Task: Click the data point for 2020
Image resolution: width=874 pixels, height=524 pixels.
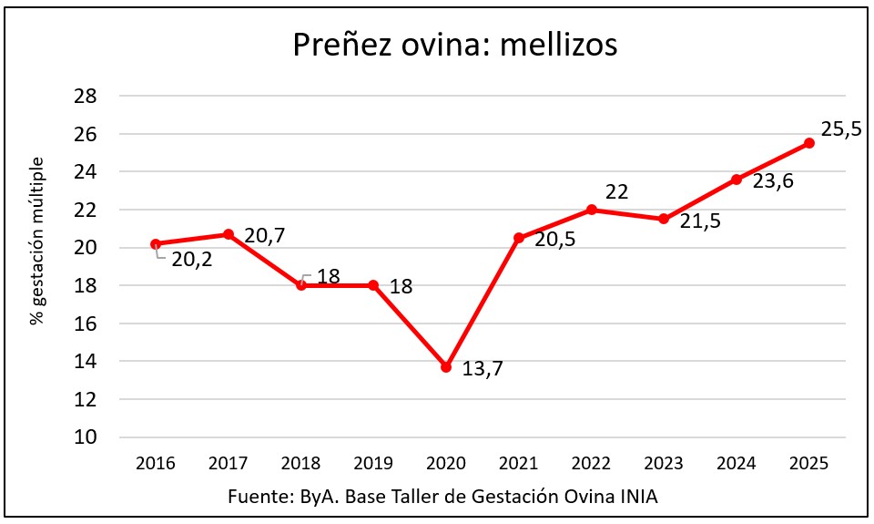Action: click(x=446, y=366)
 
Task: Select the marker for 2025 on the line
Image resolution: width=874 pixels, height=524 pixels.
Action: click(x=809, y=143)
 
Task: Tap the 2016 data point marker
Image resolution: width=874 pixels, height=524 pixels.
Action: click(x=156, y=243)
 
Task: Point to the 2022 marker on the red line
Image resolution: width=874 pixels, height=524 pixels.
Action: click(x=592, y=210)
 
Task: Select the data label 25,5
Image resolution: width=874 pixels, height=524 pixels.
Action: click(x=842, y=130)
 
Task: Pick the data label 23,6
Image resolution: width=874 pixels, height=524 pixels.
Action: click(x=773, y=181)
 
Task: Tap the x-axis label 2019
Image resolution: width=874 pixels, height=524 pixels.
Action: click(x=373, y=464)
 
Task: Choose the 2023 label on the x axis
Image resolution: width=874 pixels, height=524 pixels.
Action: click(x=664, y=464)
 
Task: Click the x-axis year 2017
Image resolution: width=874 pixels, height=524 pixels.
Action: click(x=228, y=464)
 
